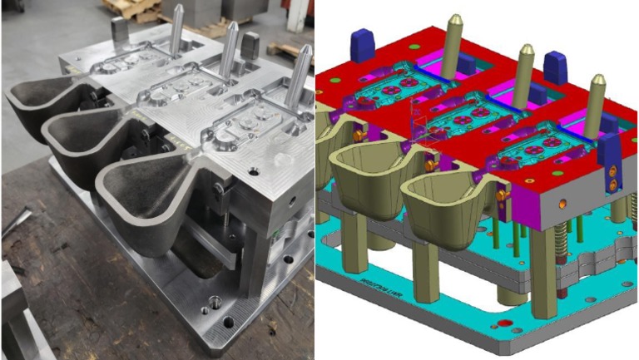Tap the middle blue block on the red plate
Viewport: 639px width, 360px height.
click(x=555, y=67)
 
